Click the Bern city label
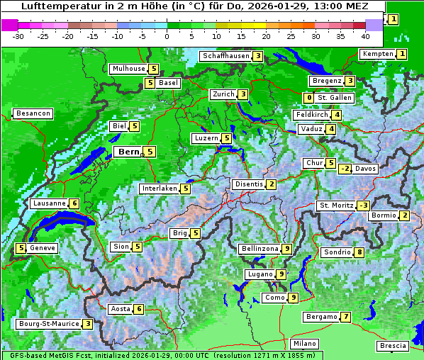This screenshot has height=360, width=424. click(x=128, y=152)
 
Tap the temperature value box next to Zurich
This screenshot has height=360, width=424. click(x=243, y=94)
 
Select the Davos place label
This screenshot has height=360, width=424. click(x=365, y=169)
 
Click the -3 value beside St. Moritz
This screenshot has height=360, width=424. click(x=364, y=206)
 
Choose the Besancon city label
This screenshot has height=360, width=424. click(x=33, y=113)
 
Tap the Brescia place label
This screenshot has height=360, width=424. click(x=393, y=346)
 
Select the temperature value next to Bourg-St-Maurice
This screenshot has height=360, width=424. click(x=87, y=324)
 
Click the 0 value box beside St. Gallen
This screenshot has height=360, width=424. click(x=308, y=98)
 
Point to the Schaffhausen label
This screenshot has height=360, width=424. click(x=225, y=56)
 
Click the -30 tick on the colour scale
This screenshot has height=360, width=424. click(x=18, y=36)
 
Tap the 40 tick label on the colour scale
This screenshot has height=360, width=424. click(x=365, y=36)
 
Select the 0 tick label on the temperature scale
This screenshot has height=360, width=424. click(x=167, y=36)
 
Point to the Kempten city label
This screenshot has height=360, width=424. click(x=377, y=54)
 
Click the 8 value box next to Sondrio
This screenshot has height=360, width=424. click(x=359, y=252)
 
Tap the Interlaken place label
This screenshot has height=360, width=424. click(x=160, y=189)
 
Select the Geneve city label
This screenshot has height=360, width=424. click(x=43, y=248)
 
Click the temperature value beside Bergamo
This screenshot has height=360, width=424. click(x=345, y=317)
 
